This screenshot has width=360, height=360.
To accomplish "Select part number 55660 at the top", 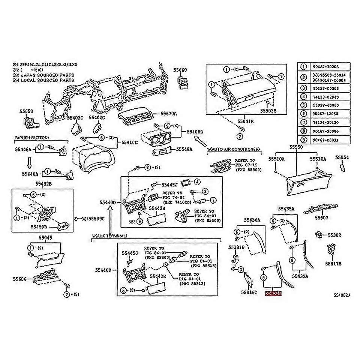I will click(180, 70).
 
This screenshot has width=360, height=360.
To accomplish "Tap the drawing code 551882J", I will click(341, 295).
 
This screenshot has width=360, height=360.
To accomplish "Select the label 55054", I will click(342, 158).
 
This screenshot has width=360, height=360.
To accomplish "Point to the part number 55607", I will click(321, 217).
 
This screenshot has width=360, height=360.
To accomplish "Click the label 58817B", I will click(333, 264).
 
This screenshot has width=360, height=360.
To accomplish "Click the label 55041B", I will click(246, 122).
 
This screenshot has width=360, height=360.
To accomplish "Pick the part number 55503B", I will click(268, 111).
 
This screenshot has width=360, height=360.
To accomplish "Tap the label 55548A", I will click(184, 149).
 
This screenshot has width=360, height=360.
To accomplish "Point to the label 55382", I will click(334, 235).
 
